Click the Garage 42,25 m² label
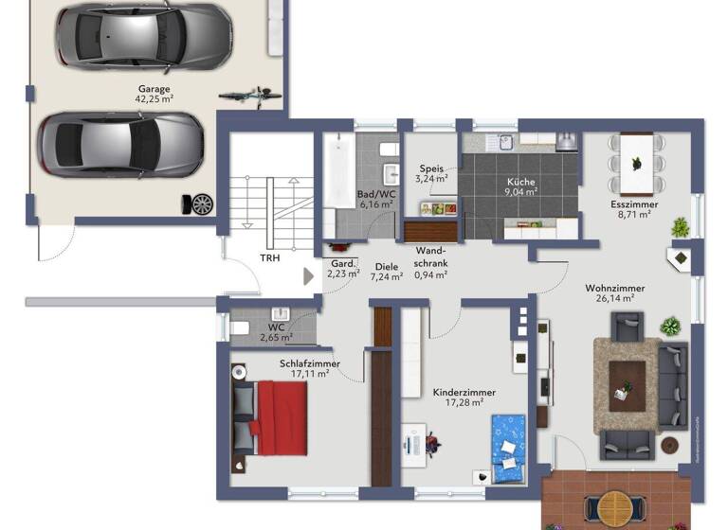(x=154, y=93)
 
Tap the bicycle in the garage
(x=249, y=95)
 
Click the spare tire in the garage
(x=201, y=203)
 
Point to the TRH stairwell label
(x=270, y=257)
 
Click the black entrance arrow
(x=307, y=276)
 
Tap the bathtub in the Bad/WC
(x=337, y=175)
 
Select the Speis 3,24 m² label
(x=431, y=173)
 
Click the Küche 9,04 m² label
(x=520, y=185)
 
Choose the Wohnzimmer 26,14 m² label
(x=614, y=291)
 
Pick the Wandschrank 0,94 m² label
(x=431, y=263)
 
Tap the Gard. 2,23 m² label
(x=343, y=269)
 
